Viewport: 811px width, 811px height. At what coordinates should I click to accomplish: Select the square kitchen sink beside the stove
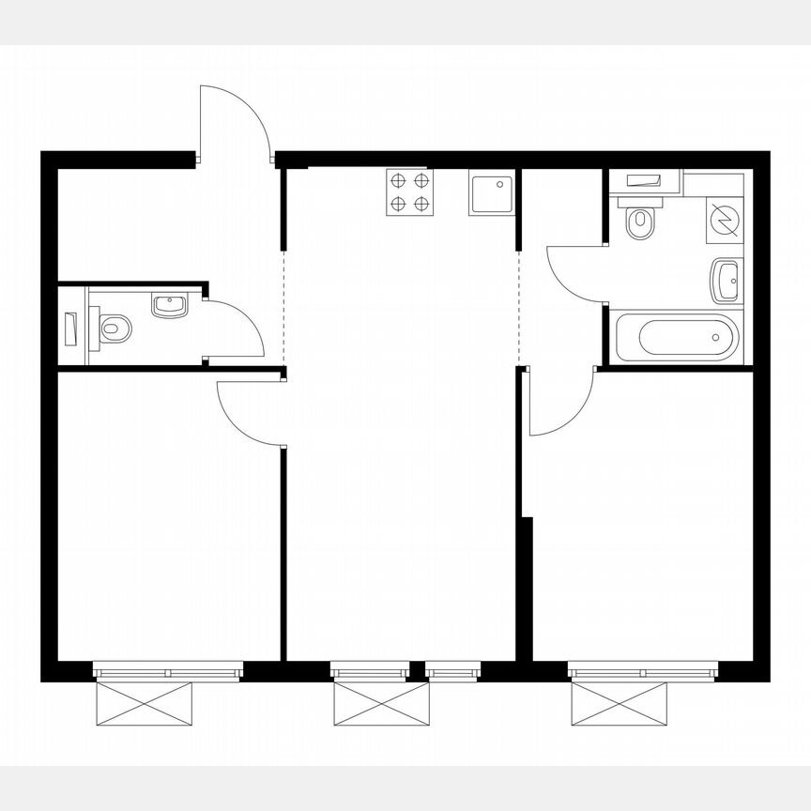[492, 192]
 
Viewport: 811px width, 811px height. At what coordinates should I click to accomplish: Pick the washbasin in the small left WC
[169, 305]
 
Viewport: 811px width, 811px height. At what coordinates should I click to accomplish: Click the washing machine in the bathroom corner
[725, 220]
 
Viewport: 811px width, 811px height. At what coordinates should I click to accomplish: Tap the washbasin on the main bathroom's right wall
[727, 280]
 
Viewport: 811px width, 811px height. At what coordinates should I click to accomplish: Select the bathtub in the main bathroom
[676, 337]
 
